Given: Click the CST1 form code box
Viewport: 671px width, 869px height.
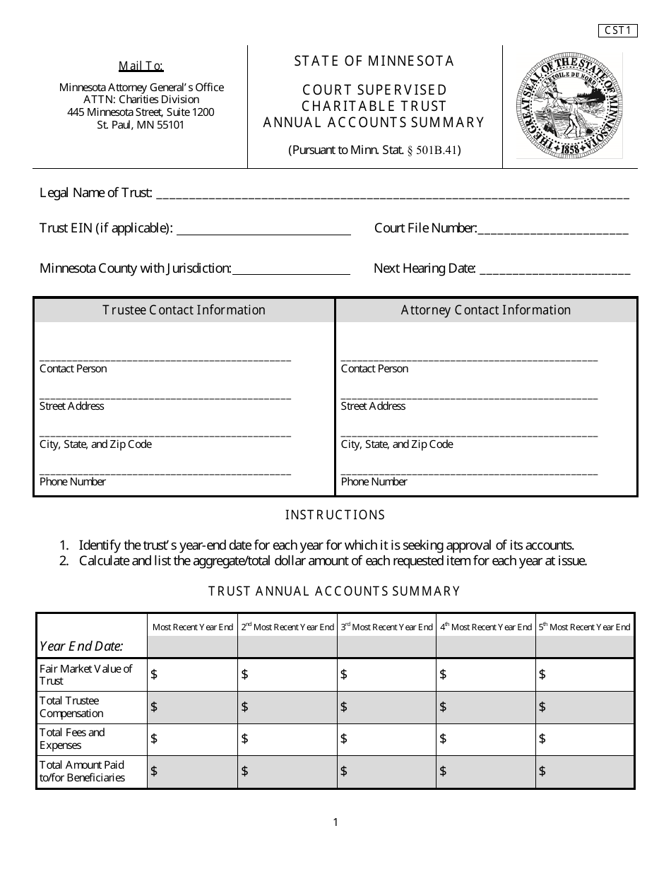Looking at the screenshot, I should point(618,30).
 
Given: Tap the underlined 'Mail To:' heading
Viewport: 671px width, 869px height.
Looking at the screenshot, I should point(141,66).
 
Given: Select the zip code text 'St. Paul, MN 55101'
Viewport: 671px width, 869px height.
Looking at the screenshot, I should point(141,125).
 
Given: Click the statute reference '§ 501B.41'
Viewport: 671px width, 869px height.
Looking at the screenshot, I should point(434,150).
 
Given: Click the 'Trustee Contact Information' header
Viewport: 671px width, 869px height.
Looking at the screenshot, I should point(184,310).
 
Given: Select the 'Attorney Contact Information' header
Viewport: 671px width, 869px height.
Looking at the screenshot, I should point(486,310).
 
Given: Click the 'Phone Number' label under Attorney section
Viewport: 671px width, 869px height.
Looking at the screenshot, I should point(374,482).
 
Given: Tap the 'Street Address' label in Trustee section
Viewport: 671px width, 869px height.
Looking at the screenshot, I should point(72,406).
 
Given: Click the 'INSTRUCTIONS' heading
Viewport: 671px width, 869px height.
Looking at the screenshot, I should point(335,515).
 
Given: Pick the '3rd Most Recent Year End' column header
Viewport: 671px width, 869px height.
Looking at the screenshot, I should point(387,627).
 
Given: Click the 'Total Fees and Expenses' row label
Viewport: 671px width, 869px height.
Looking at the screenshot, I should point(72,739).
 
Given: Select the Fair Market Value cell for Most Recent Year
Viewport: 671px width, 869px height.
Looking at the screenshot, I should point(192,675).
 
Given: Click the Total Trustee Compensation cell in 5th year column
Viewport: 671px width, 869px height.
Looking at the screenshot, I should point(585,707).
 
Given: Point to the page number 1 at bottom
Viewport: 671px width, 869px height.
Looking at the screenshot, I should point(335,822).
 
